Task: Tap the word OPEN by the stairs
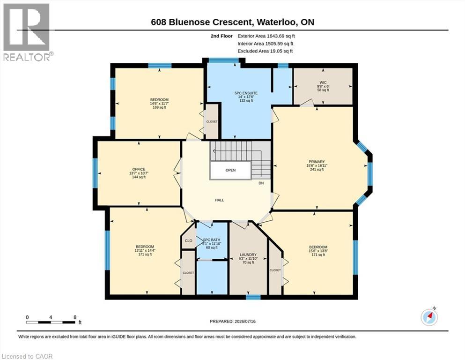click(x=230, y=170)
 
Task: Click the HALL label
click(x=220, y=200)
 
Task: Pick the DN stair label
click(x=261, y=183)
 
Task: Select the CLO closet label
click(x=189, y=240)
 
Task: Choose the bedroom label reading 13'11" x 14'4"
click(x=145, y=250)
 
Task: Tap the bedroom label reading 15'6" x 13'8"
click(x=318, y=251)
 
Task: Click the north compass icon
click(x=429, y=317)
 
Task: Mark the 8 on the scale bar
click(x=75, y=317)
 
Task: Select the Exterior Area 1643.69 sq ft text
click(x=266, y=36)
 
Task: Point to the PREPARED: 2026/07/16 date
click(x=232, y=321)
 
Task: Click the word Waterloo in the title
click(x=276, y=22)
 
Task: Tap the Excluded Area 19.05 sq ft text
click(x=265, y=51)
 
